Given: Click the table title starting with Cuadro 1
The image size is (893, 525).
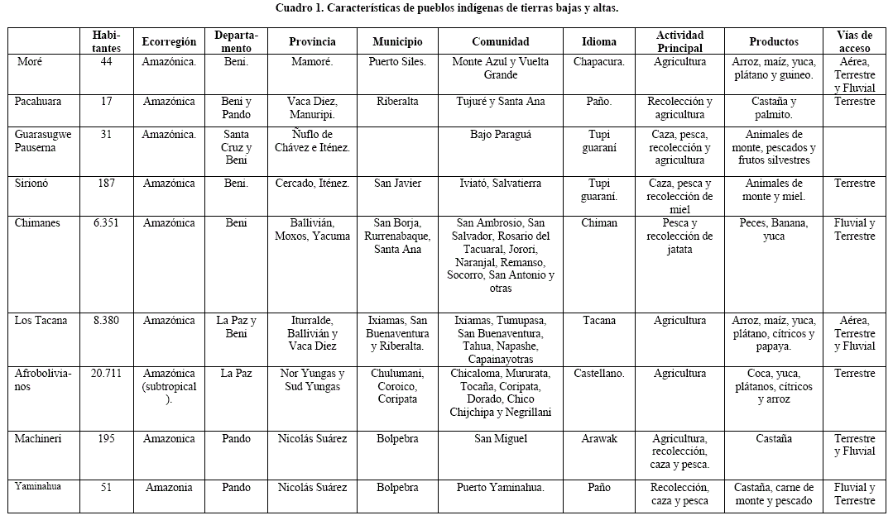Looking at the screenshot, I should point(446,8).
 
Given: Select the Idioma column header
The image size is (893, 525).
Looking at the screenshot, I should point(598,41).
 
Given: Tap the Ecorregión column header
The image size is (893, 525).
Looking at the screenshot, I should point(169,41).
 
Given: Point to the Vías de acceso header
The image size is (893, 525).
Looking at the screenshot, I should point(854,41).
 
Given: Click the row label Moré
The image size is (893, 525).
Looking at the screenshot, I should point(29,62).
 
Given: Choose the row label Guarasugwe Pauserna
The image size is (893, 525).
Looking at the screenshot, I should point(43,141).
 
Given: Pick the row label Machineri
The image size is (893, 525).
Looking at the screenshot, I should point(38,439).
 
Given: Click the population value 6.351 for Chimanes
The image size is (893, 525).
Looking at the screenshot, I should point(106,223).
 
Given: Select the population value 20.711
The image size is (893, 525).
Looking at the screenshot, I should point(106,374).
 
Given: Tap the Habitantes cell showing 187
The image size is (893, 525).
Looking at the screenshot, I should point(106,184).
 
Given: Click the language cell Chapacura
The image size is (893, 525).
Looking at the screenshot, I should point(598,62).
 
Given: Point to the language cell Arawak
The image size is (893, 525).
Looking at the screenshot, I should point(598,439).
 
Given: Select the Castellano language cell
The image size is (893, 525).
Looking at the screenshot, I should point(598,374).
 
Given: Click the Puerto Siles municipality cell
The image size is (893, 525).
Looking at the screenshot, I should point(397,62).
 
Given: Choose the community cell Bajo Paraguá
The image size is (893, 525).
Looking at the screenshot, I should point(501,135).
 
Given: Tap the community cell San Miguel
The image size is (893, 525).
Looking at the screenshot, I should point(501,439).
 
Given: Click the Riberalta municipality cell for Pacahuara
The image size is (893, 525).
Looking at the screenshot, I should point(397,102).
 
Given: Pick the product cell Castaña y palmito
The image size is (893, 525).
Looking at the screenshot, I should point(774,108).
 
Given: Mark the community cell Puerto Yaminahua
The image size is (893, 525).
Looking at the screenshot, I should point(501,488).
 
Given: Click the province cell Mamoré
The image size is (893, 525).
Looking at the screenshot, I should point(312,62).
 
